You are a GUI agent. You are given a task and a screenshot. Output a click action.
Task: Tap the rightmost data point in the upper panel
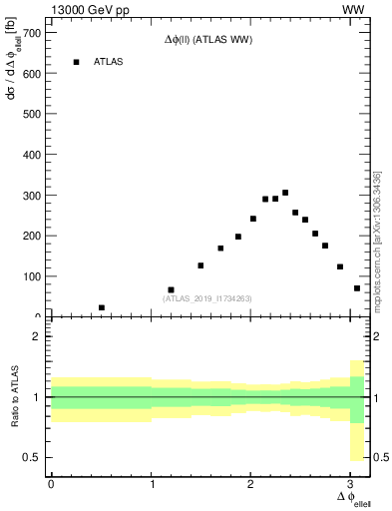pyautogui.click(x=357, y=288)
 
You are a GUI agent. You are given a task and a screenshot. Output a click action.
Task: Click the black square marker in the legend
pyautogui.click(x=76, y=62)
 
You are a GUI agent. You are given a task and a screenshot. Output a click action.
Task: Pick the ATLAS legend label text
pyautogui.click(x=109, y=62)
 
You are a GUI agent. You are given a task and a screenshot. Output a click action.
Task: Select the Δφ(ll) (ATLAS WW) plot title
pyautogui.click(x=207, y=41)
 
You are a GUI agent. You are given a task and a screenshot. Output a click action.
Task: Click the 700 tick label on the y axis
pyautogui.click(x=32, y=33)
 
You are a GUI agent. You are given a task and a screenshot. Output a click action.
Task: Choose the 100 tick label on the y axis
pyautogui.click(x=32, y=276)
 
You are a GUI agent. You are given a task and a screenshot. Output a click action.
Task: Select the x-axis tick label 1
pyautogui.click(x=152, y=484)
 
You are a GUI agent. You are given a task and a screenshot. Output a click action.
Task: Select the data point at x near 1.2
pyautogui.click(x=171, y=289)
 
